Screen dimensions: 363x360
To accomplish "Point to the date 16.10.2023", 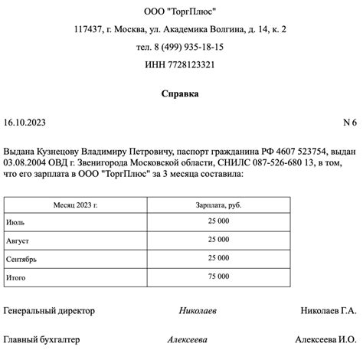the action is [25, 122].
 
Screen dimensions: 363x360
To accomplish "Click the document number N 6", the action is [350, 122].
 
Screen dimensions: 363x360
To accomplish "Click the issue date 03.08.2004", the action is [25, 163].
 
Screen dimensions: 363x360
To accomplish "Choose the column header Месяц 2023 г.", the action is [76, 206].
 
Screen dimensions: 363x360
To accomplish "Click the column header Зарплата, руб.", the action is [218, 206].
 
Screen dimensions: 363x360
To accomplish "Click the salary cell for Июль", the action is [218, 221].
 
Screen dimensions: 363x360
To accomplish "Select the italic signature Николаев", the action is [198, 311].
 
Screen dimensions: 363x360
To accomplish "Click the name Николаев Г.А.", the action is [329, 311].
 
